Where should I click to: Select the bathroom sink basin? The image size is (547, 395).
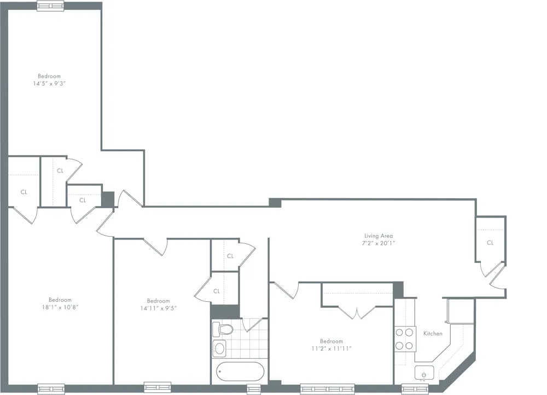[220, 348]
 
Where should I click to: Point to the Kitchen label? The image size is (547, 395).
[433, 333]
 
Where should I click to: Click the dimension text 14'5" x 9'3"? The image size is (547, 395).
[49, 83]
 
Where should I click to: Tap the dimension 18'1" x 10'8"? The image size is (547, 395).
[60, 307]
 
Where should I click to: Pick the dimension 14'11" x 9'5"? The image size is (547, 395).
[158, 308]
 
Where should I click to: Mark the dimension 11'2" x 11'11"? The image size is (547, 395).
[331, 348]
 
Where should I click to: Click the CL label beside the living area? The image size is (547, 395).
[490, 243]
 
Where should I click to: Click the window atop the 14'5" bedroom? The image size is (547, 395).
[50, 6]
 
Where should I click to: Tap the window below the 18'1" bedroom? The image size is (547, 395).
[51, 388]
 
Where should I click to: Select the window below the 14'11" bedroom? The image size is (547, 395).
[157, 387]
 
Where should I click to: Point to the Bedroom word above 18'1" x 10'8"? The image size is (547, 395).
[60, 300]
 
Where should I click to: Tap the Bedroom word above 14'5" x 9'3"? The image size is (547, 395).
[49, 76]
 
